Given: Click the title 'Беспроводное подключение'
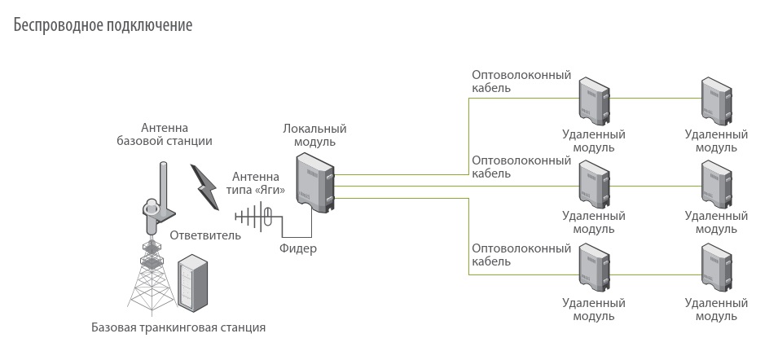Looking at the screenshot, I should (103, 25).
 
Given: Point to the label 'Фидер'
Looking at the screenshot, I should (297, 248).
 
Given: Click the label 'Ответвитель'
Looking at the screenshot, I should (205, 236).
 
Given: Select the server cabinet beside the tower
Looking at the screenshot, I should (194, 284).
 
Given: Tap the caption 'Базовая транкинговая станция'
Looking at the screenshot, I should (178, 328).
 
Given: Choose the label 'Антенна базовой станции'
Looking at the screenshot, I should (165, 134).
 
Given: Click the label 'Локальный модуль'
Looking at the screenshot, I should (314, 134).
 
